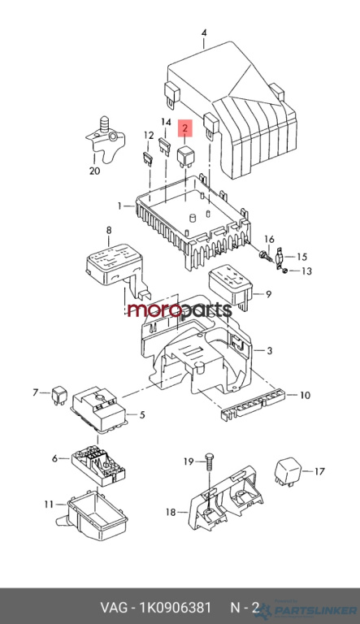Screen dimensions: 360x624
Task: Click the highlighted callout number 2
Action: [184, 128]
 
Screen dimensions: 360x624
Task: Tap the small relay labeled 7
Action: [59, 395]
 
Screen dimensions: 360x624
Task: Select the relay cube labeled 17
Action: [288, 471]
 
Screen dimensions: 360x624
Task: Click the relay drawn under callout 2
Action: [185, 156]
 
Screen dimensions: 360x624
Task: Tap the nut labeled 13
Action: [284, 271]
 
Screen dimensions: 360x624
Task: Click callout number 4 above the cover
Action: [204, 32]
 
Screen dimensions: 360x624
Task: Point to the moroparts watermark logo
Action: [180, 310]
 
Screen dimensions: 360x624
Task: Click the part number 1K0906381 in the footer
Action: [176, 608]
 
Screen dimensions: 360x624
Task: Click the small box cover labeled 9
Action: [231, 285]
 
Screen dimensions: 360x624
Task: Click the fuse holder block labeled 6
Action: [98, 466]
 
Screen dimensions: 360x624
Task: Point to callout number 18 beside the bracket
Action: [171, 512]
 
